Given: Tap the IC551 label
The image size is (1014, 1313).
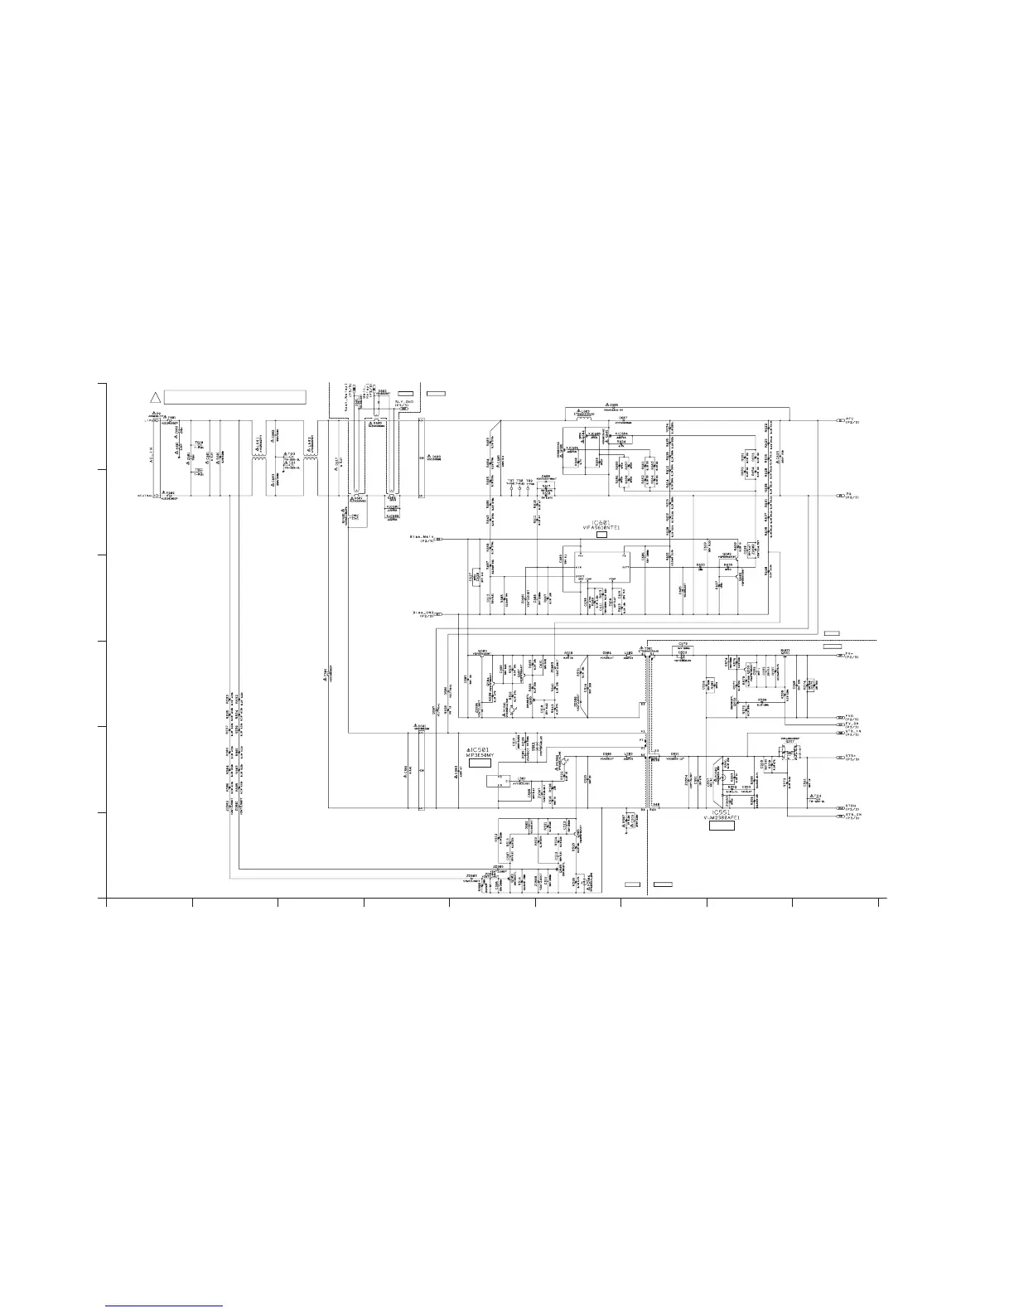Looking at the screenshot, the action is coord(722,812).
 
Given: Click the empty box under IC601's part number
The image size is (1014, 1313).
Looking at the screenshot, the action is coord(602,535).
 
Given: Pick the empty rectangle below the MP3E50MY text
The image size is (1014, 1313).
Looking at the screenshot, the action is coord(480,763).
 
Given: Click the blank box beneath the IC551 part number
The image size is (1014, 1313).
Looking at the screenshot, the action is coord(722,826).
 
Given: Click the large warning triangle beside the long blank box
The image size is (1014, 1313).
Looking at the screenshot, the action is coord(154,396).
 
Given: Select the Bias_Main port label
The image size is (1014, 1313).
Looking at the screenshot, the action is coord(422,538).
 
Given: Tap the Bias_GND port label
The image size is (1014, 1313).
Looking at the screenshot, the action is coord(423,614).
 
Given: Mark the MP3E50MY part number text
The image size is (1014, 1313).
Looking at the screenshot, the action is coord(483,755).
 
